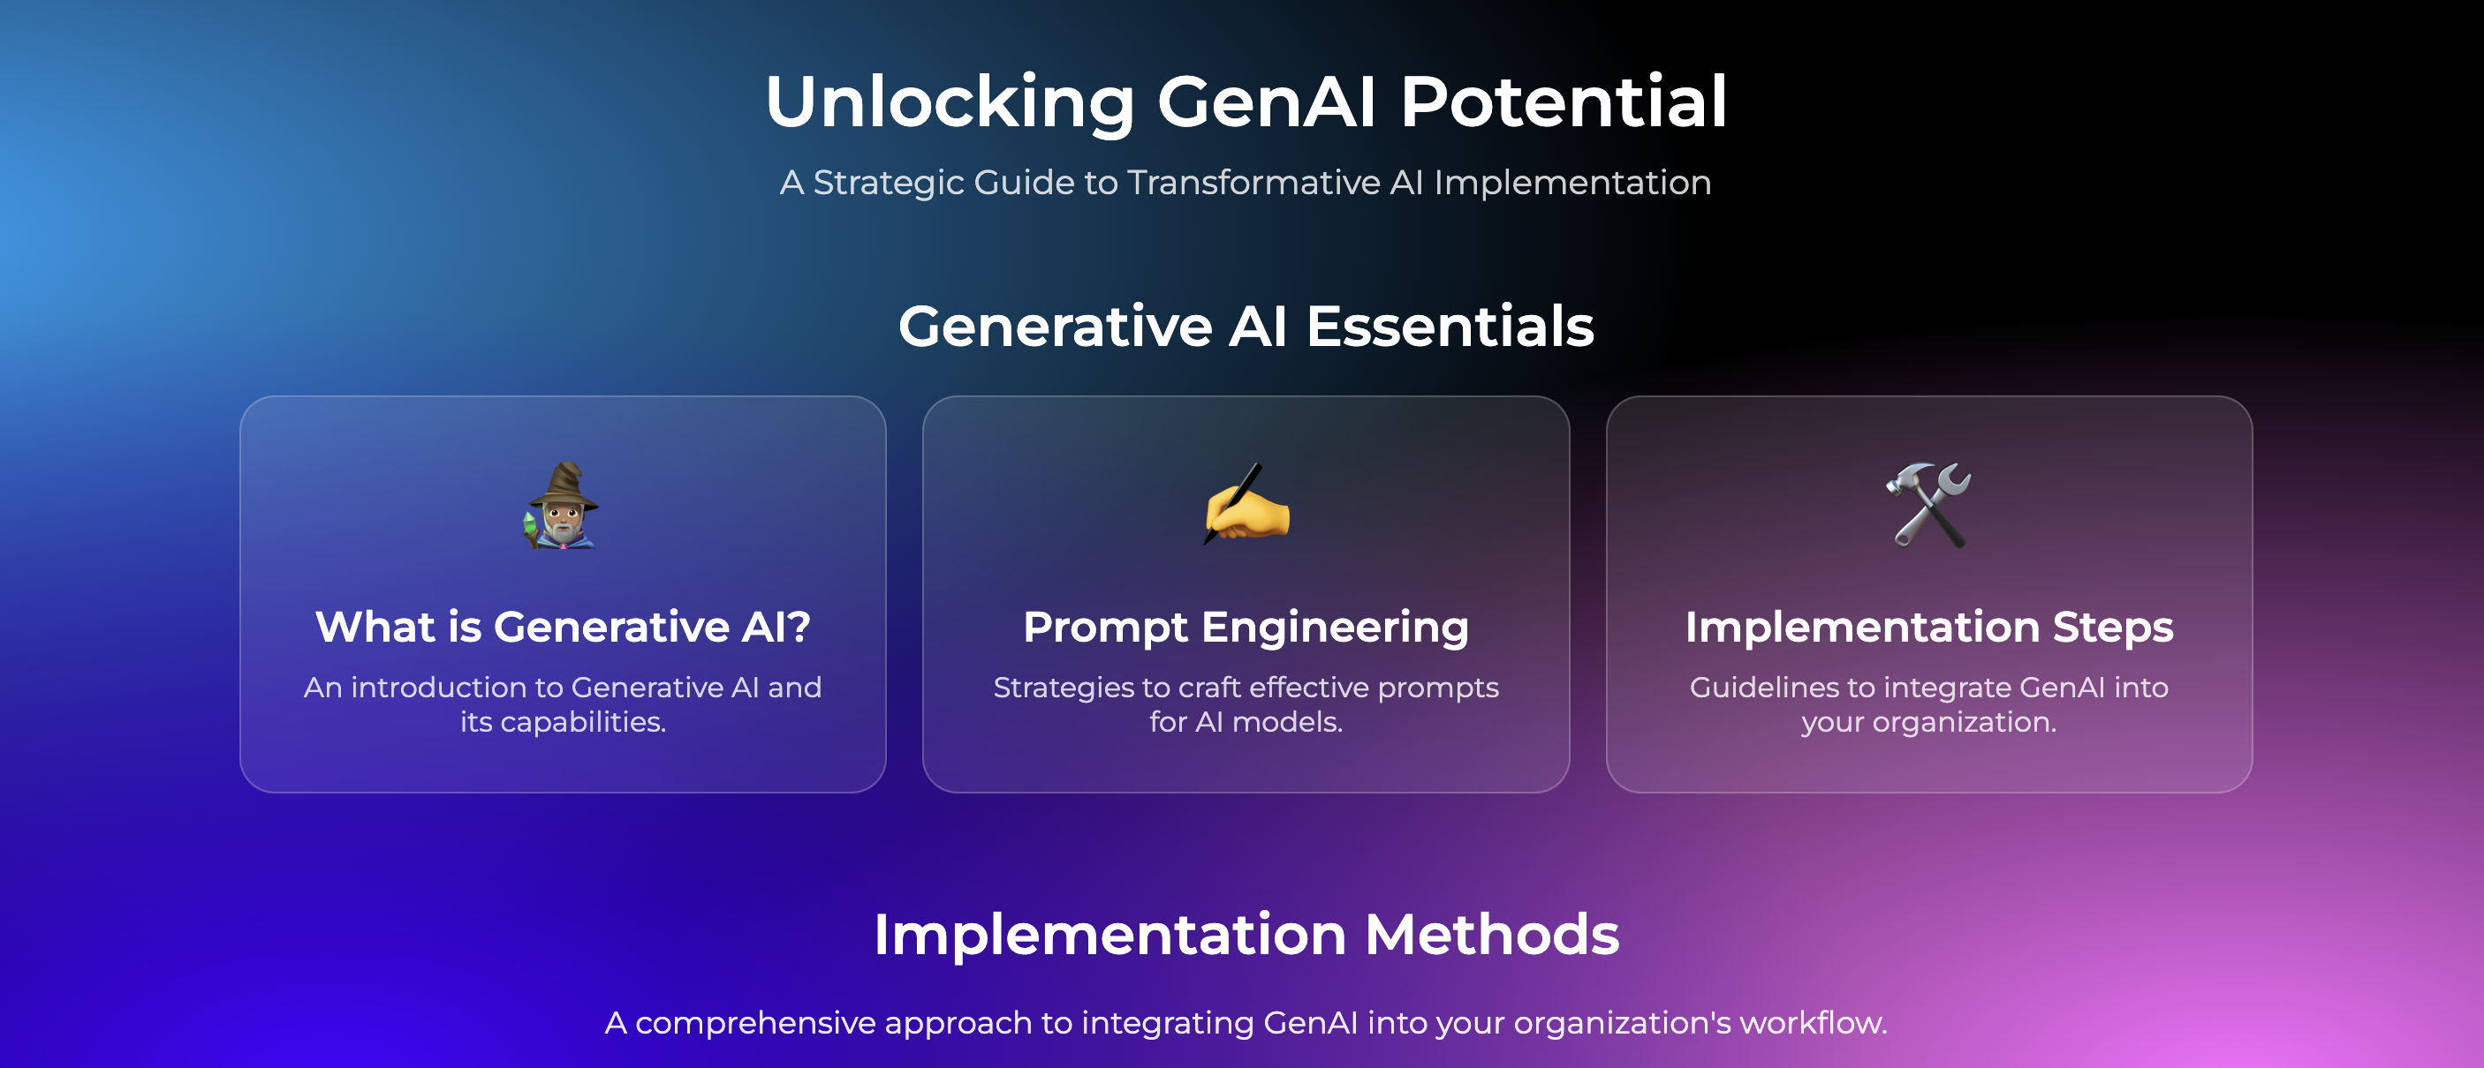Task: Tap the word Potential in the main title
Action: (x=1562, y=102)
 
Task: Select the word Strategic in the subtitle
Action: (x=887, y=182)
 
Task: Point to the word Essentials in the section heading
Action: (x=1449, y=326)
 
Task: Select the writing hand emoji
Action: (x=1246, y=505)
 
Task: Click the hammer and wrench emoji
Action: (x=1928, y=505)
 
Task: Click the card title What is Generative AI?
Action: (x=562, y=628)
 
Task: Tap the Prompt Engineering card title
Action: (x=1246, y=628)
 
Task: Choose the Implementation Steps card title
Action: (x=1928, y=628)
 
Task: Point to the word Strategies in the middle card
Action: (x=1063, y=688)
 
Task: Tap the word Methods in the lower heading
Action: (x=1491, y=935)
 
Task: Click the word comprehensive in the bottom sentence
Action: (x=755, y=1023)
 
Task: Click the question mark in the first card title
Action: (x=798, y=628)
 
